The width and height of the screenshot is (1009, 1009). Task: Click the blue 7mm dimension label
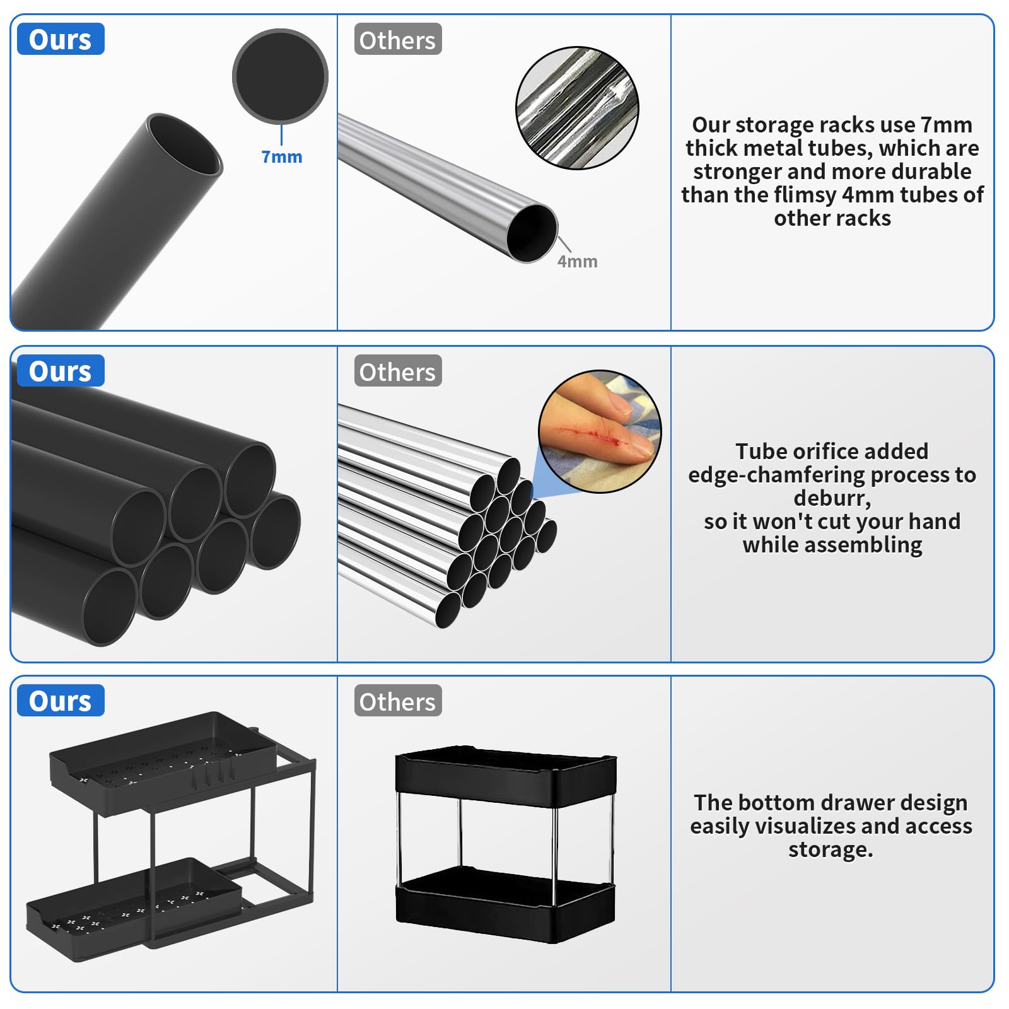(282, 156)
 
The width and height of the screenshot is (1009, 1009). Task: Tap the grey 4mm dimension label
(577, 261)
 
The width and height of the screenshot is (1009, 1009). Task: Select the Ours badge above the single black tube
(61, 39)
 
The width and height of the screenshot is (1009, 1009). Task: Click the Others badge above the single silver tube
(398, 39)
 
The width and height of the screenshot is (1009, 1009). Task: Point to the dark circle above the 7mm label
(280, 76)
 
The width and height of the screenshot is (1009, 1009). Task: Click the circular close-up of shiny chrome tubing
(577, 108)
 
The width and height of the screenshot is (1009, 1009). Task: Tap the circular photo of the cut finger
(600, 431)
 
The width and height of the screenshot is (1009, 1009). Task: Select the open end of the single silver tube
(532, 233)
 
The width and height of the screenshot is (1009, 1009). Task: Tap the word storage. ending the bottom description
(831, 849)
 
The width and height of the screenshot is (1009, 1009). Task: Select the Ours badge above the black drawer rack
(61, 701)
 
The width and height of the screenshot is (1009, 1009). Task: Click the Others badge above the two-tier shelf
(398, 701)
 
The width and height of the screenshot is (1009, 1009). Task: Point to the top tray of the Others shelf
(506, 776)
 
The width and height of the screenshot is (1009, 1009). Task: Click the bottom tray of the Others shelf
(505, 905)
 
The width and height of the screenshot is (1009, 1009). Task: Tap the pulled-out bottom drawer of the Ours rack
(134, 908)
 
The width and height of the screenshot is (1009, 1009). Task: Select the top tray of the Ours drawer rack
(163, 762)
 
